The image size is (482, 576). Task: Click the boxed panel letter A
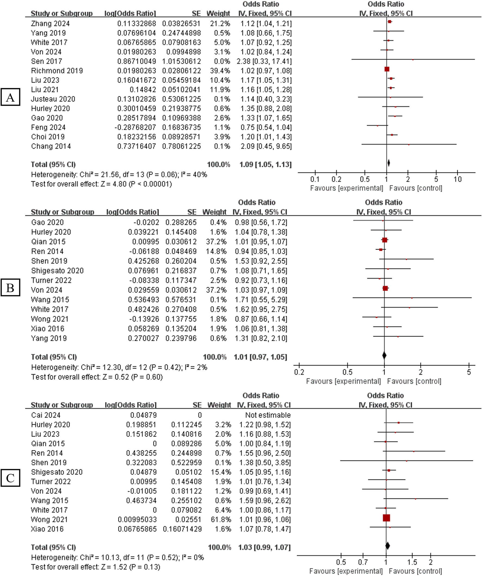pos(10,97)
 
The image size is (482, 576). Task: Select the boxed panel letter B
pos(10,287)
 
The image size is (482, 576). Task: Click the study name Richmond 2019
pos(57,71)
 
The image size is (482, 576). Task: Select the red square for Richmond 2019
pos(387,69)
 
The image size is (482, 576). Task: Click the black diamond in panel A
pos(388,163)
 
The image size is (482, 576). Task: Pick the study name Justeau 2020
pos(53,99)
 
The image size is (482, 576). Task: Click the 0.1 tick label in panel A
pos(315,179)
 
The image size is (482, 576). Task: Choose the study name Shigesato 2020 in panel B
pos(57,271)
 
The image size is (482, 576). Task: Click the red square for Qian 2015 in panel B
pos(385,240)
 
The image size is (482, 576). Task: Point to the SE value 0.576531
pos(181,299)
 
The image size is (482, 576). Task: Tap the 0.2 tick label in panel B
pos(299,372)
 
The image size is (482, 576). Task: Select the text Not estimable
pos(268,415)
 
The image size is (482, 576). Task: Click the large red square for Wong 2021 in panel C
pos(386,518)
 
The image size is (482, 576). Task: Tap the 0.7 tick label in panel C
pos(363,562)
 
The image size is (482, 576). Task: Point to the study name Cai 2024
pos(45,415)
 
